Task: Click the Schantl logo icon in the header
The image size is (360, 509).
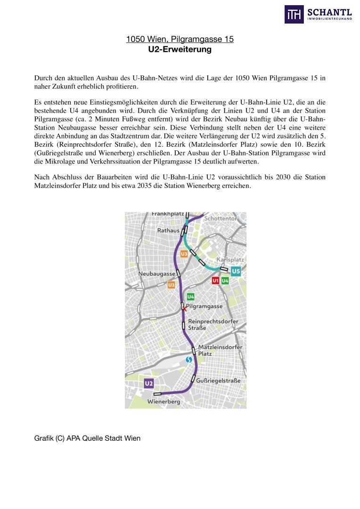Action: (294, 14)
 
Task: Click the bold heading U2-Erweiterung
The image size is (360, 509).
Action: (180, 49)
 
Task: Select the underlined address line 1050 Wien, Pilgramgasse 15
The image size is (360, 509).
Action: (180, 39)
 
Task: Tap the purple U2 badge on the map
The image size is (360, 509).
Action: (149, 384)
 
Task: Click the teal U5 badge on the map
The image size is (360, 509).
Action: (236, 271)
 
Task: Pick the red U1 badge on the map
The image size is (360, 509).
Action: (215, 281)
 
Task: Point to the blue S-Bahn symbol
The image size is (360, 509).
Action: (189, 360)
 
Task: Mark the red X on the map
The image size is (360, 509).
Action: (184, 308)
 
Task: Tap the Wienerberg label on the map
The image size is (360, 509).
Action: (164, 402)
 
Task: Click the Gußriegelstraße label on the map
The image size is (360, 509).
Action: (218, 381)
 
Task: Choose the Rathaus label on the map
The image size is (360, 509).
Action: (168, 230)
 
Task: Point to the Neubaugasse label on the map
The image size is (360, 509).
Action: (156, 274)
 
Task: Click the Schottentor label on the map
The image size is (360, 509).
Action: (221, 219)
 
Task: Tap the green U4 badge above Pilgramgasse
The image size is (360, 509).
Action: (190, 297)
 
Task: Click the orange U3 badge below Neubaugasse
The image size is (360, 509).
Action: (172, 285)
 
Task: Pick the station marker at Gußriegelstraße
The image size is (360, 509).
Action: (193, 378)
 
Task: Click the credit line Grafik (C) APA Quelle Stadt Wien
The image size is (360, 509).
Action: (87, 438)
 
